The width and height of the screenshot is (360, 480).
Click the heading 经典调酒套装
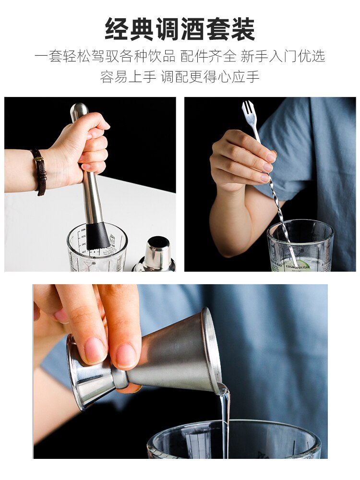[180, 30]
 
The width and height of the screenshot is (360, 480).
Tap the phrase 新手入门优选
[283, 56]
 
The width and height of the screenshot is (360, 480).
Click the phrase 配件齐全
[208, 56]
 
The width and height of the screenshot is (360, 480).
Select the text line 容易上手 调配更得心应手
[180, 76]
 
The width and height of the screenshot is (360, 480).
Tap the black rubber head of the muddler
[97, 236]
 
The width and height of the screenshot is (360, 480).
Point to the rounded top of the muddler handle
[79, 110]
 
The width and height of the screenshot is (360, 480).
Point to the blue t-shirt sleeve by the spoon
[288, 154]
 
